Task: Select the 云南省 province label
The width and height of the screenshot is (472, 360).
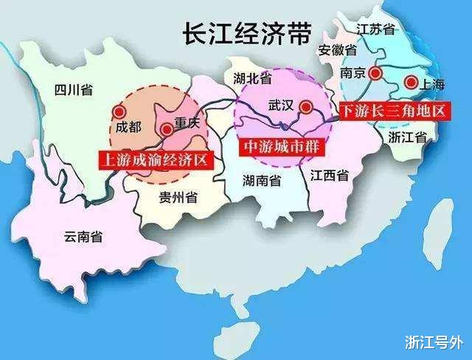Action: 83,236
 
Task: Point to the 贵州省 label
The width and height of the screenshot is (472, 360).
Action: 178,197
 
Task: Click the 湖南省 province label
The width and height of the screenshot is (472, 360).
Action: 264,180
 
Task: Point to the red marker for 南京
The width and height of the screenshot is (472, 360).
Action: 377,73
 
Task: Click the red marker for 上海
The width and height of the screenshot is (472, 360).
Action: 412,83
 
